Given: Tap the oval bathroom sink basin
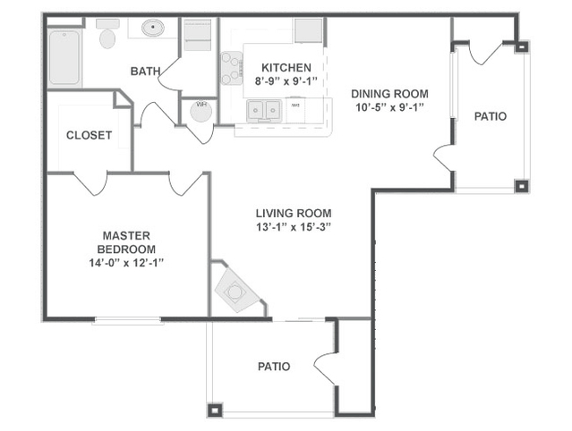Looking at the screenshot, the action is [153, 28].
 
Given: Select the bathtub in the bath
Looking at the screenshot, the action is [64, 58].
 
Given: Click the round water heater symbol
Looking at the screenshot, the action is [201, 111].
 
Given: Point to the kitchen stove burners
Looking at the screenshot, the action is [231, 68].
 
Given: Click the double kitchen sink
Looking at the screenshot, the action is [264, 109].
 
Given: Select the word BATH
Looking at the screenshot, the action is [145, 72].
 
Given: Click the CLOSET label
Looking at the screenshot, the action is [89, 136].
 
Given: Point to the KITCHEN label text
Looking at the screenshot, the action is [286, 68].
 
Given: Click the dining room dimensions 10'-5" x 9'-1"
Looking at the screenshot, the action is [389, 107].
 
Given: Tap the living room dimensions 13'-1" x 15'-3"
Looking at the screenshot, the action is [294, 227].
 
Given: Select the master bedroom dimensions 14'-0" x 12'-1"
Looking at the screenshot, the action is [126, 263].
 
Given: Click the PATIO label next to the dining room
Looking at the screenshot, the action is [491, 116].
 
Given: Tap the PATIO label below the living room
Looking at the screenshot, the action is [274, 367].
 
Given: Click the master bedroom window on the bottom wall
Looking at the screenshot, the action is [127, 320].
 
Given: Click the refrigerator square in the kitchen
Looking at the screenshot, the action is [308, 30].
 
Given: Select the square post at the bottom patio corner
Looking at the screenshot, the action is [215, 410].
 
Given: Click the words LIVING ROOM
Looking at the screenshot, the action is [294, 213].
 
